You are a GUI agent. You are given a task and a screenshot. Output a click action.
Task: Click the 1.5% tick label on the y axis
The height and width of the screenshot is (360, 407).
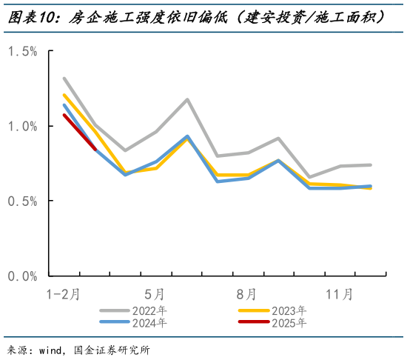(x=22, y=50)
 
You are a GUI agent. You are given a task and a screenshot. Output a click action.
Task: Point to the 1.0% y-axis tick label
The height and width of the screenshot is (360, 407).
(x=22, y=126)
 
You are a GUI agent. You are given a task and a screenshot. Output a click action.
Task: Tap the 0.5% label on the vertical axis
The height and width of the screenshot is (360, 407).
(x=22, y=201)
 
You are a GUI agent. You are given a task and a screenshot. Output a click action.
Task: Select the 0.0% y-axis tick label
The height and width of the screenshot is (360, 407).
(x=22, y=276)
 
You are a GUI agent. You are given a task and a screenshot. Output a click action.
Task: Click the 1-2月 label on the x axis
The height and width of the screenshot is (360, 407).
(x=64, y=294)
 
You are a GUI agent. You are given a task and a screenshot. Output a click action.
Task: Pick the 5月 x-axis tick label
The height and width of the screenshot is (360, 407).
(x=155, y=294)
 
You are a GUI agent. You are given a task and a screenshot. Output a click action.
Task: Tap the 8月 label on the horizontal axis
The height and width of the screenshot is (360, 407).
(x=247, y=294)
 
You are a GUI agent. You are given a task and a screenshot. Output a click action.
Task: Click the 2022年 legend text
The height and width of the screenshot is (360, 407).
(x=150, y=310)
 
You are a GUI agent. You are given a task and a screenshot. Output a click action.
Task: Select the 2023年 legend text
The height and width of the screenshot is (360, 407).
(x=288, y=310)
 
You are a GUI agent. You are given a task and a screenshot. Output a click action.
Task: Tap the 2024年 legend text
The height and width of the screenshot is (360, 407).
(x=150, y=322)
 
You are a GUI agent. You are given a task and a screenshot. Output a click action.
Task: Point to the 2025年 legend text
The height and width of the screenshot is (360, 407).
(x=288, y=322)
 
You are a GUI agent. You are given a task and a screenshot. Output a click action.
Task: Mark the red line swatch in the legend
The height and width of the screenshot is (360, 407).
(x=253, y=322)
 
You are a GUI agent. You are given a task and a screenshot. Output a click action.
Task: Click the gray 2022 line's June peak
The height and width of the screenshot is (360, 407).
(x=187, y=99)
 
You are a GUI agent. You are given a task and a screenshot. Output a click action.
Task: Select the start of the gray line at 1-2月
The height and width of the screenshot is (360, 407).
(x=64, y=78)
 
